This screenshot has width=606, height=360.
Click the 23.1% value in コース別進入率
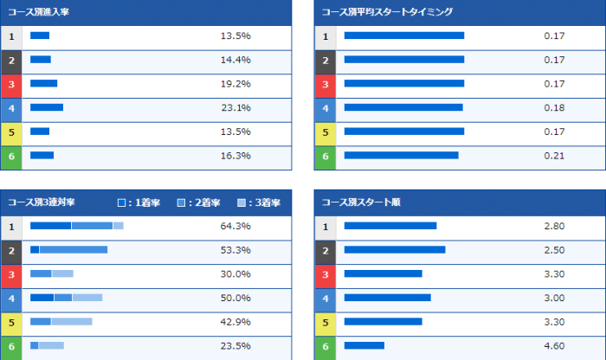[x=235, y=108]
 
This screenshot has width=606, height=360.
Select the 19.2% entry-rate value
[x=235, y=84]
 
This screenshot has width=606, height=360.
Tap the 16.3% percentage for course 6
[x=235, y=156]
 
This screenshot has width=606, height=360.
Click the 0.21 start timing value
[x=554, y=156]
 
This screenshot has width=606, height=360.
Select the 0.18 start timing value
[x=554, y=108]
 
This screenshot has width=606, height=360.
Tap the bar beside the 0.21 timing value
[x=401, y=156]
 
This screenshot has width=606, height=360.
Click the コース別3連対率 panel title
[x=42, y=202]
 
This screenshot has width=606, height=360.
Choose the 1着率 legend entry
[x=139, y=202]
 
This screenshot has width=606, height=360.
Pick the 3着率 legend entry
[x=260, y=202]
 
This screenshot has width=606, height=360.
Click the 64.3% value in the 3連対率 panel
[x=235, y=226]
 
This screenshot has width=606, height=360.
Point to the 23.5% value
[x=235, y=345]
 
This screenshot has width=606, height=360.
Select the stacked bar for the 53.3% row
[x=69, y=250]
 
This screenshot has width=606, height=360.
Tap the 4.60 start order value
[x=554, y=345]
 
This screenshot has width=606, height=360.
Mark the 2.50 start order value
[x=554, y=250]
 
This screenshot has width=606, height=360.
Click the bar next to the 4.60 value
[x=364, y=345]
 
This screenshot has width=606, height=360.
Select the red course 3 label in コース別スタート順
[x=325, y=273]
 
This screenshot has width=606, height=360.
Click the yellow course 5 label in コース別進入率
[x=11, y=132]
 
